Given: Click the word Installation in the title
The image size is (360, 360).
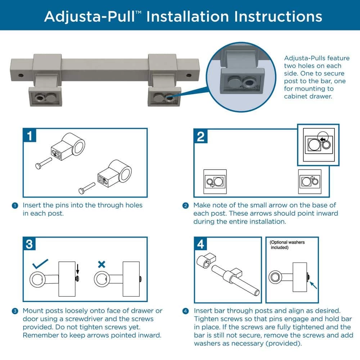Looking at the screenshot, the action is pyautogui.click(x=188, y=17).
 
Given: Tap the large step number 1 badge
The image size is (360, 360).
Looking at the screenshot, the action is pyautogui.click(x=30, y=135).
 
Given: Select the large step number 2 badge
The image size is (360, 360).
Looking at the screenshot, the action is pyautogui.click(x=201, y=136).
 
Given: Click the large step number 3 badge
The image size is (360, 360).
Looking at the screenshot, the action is pyautogui.click(x=30, y=244).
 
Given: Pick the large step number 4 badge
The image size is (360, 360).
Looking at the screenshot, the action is pyautogui.click(x=201, y=244).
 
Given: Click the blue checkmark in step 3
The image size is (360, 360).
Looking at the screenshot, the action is pyautogui.click(x=40, y=264).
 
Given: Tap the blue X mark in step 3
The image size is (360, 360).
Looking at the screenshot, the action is pyautogui.click(x=102, y=264).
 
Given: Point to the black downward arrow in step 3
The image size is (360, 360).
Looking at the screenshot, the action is pyautogui.click(x=78, y=269).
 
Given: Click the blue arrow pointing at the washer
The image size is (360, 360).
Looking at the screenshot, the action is pyautogui.click(x=313, y=285).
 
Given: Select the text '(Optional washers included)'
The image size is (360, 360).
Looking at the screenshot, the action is pyautogui.click(x=287, y=245).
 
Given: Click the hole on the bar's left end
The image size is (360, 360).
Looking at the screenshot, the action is pyautogui.click(x=21, y=75).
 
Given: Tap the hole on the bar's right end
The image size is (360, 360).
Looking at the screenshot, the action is pyautogui.click(x=189, y=75).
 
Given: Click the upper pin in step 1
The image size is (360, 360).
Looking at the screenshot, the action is pyautogui.click(x=44, y=163).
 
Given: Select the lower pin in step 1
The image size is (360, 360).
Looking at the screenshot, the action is pyautogui.click(x=87, y=188).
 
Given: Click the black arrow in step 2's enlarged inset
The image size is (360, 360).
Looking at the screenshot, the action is pyautogui.click(x=323, y=139).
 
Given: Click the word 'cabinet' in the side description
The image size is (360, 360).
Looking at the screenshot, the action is pyautogui.click(x=296, y=96).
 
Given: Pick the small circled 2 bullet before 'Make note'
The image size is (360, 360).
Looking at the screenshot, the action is pyautogui.click(x=185, y=206).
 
